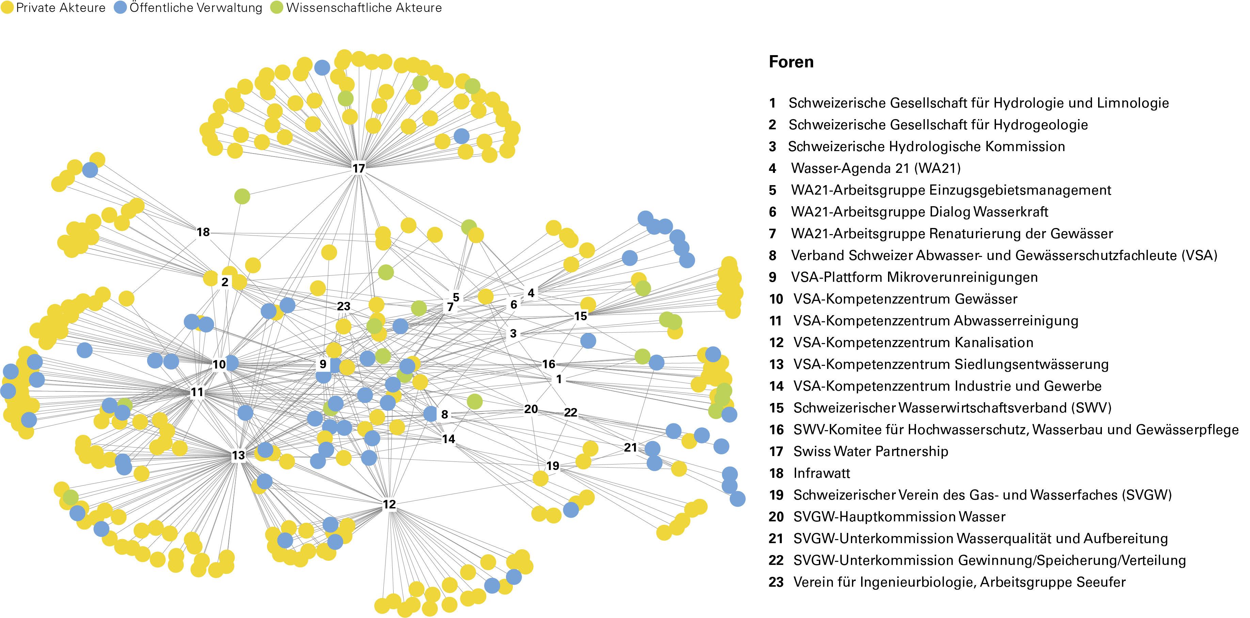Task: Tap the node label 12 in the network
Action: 389,504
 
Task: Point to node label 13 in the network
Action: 238,455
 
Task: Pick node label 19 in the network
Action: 553,466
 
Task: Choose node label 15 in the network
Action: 580,316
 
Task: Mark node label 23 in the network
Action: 344,306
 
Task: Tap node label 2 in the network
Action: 225,282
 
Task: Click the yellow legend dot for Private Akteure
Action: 7,8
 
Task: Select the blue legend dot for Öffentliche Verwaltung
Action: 120,8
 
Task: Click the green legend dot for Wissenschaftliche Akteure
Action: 276,8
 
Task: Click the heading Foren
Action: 791,62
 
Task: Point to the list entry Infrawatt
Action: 822,473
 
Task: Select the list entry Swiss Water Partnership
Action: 871,451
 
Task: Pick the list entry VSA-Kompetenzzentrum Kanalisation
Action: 913,342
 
